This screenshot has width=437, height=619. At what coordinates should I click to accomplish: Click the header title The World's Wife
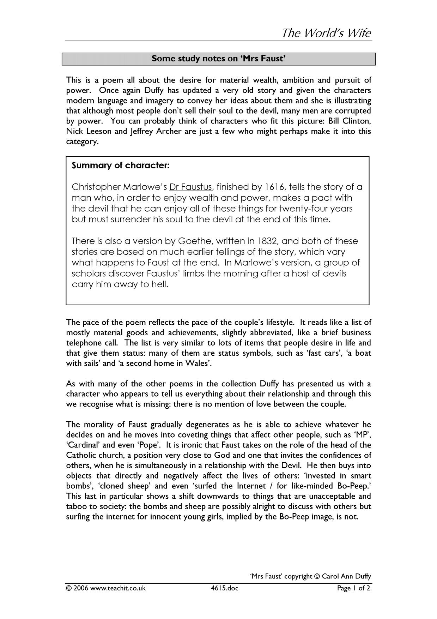click(x=326, y=33)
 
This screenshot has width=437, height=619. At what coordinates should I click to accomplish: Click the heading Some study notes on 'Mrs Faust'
click(x=218, y=59)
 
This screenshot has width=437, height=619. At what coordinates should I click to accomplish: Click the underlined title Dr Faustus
click(x=190, y=187)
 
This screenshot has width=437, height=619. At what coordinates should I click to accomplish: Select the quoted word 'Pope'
click(x=149, y=445)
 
